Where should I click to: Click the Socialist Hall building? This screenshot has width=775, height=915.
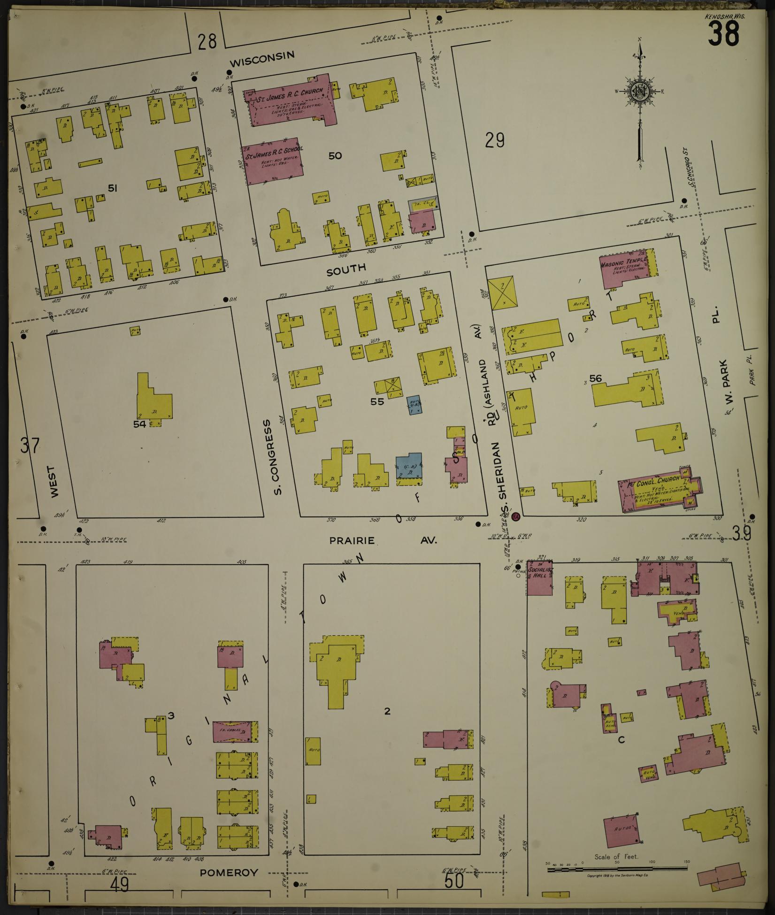pyautogui.click(x=538, y=577)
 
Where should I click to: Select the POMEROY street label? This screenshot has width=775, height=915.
pyautogui.click(x=229, y=873)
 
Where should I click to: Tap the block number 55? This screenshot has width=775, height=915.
pyautogui.click(x=377, y=401)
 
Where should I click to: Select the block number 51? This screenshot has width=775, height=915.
pyautogui.click(x=112, y=188)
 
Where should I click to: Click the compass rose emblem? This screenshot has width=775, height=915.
pyautogui.click(x=639, y=93)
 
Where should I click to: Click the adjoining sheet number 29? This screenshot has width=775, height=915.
pyautogui.click(x=495, y=140)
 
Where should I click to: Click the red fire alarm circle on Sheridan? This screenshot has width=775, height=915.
pyautogui.click(x=515, y=516)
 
